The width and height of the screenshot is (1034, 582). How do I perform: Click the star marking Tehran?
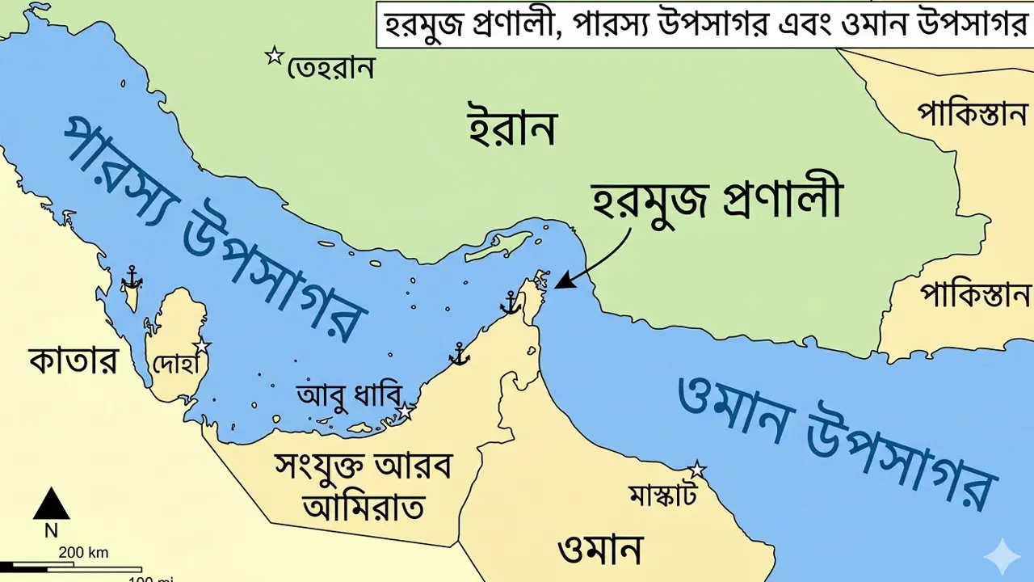tap(275, 56)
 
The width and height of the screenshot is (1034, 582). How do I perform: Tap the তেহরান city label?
tap(331, 68)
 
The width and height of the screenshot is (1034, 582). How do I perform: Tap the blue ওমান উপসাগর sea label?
tap(836, 437)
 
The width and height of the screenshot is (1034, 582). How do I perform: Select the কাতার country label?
tap(73, 361)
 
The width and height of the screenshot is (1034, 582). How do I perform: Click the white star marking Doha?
tap(201, 346)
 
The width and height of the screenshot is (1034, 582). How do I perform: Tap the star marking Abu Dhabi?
tap(405, 412)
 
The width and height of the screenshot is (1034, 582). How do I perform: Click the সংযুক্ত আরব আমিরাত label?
tap(363, 486)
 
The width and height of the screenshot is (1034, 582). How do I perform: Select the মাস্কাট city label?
tap(662, 496)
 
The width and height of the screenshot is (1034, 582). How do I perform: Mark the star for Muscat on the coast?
tap(696, 470)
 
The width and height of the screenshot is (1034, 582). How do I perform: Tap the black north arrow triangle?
tap(51, 504)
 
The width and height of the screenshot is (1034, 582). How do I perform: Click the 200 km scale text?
tap(83, 553)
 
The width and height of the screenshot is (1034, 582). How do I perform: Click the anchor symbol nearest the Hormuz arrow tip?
tap(510, 303)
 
